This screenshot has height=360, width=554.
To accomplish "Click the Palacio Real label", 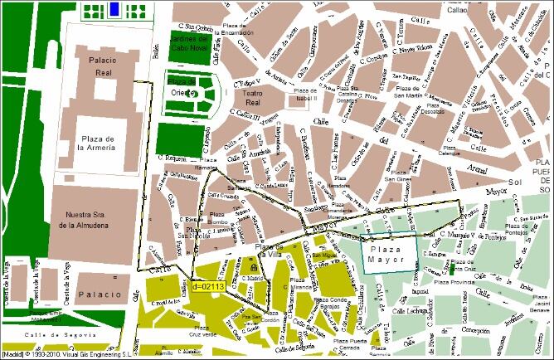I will [x=98, y=66].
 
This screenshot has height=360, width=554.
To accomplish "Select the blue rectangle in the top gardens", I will [x=114, y=10].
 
